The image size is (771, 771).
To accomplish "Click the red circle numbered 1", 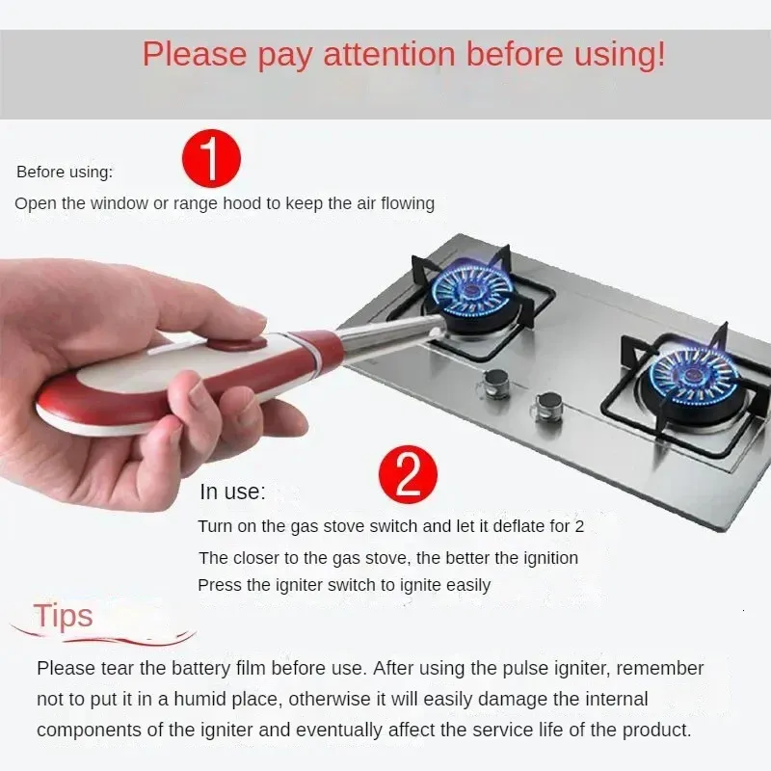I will [x=211, y=161].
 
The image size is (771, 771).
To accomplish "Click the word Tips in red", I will [x=64, y=616].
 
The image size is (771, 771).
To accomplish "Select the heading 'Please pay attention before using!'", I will [x=404, y=54].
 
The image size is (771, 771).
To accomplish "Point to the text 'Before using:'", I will [x=65, y=173].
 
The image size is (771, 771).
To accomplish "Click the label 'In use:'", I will [x=232, y=492].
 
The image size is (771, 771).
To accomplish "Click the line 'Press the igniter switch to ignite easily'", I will [x=344, y=585].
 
